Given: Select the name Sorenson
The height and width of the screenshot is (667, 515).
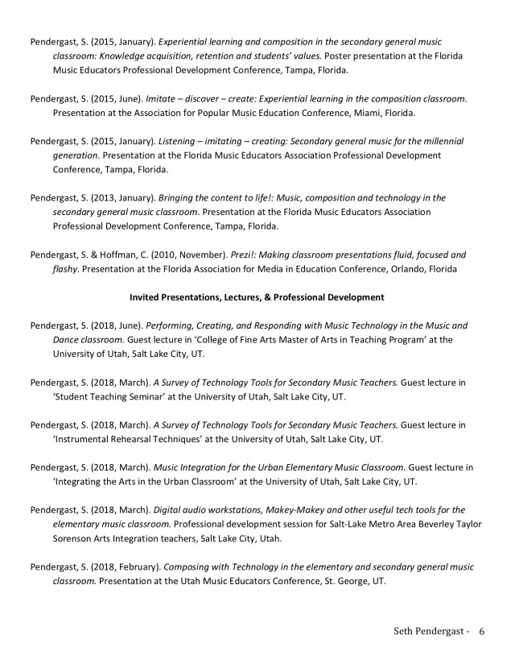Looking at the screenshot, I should pos(76,539).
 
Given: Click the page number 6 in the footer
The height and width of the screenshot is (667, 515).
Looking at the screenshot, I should pos(482,630).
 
